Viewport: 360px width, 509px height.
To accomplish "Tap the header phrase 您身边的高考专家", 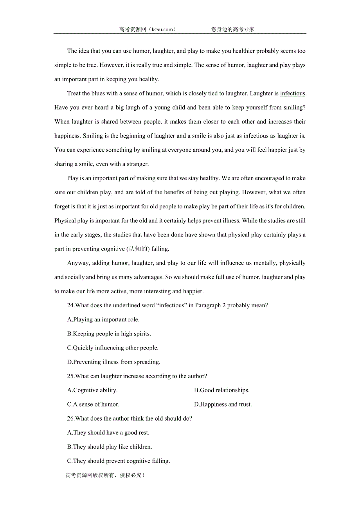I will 232,29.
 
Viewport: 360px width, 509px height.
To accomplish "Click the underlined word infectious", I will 292,93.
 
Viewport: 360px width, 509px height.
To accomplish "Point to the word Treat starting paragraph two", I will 74,93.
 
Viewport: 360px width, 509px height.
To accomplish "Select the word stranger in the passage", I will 137,164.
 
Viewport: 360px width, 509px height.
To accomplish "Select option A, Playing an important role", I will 103,319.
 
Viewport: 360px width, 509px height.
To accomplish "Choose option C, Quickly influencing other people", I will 113,348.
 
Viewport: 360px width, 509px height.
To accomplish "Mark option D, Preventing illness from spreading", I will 113,362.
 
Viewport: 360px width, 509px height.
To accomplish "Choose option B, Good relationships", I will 221,390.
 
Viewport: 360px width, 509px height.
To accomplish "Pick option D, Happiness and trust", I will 223,404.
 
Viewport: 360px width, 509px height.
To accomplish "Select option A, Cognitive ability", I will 92,390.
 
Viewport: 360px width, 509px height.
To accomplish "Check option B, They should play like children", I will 110,447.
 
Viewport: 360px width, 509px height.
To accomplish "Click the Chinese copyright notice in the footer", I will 105,475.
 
